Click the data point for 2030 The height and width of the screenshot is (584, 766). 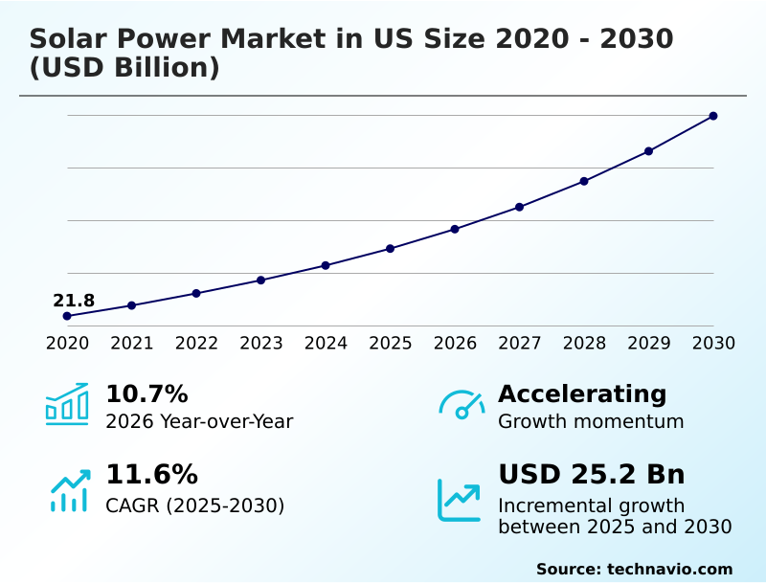tap(713, 116)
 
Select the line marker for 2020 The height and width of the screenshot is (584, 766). tap(67, 316)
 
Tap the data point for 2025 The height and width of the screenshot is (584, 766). tap(391, 249)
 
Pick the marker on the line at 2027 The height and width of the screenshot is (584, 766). tap(520, 207)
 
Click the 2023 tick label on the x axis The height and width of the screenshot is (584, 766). tap(261, 344)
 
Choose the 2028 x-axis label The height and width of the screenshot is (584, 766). tap(584, 344)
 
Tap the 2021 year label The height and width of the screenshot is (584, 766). tap(132, 344)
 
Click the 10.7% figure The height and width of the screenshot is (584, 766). tap(146, 394)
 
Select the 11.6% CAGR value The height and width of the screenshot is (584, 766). tap(151, 475)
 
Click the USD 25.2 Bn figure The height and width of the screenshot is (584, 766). tap(592, 475)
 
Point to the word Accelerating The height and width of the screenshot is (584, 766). tap(582, 394)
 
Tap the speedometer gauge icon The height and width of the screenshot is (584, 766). tap(462, 405)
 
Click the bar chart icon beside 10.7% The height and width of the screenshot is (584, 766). tap(67, 405)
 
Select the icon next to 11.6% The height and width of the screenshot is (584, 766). tap(69, 490)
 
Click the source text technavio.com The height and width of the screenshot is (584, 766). tap(669, 569)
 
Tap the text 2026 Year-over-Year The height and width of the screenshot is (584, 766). tap(199, 421)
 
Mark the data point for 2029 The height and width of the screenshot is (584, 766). tap(649, 151)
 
